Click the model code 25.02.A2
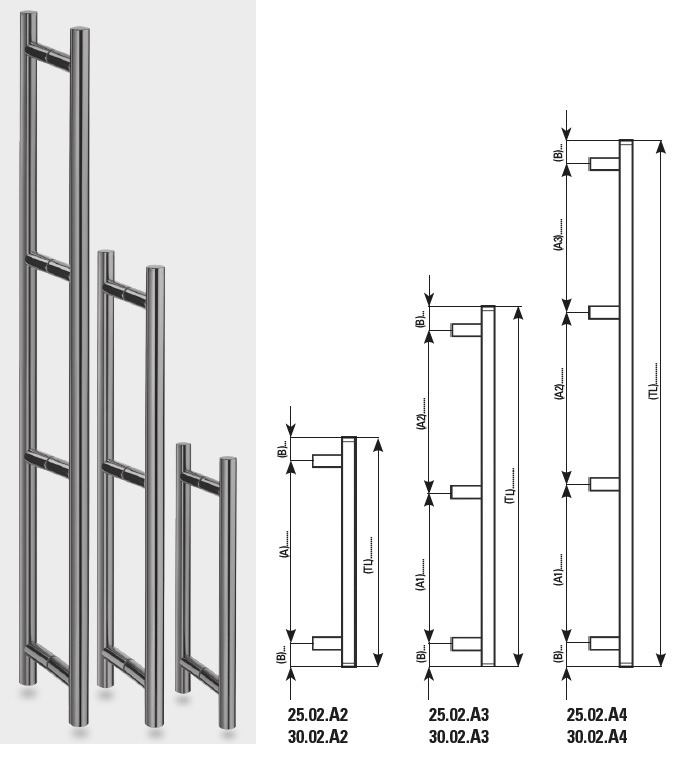click(x=317, y=714)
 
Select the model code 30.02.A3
click(x=458, y=737)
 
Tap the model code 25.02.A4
click(x=597, y=714)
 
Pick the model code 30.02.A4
click(x=597, y=737)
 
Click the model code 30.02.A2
click(x=317, y=737)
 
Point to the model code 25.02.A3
click(x=458, y=714)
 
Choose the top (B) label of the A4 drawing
click(x=558, y=154)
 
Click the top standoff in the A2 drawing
click(x=327, y=461)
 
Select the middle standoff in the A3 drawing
click(x=466, y=492)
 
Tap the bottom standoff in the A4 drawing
click(x=604, y=643)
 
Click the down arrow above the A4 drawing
click(x=567, y=126)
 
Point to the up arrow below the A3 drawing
click(x=428, y=683)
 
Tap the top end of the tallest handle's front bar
click(x=80, y=30)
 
